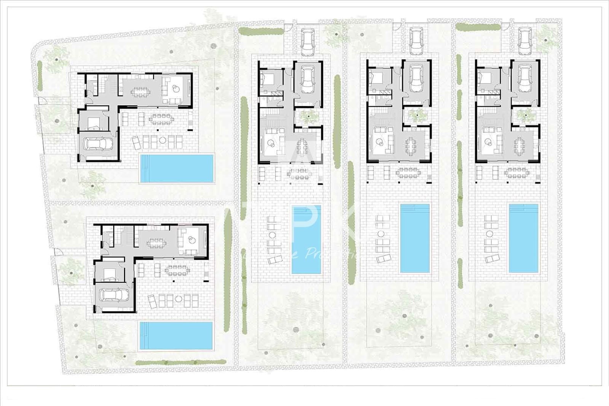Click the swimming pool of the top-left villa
tap(176, 168)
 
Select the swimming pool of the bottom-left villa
tap(175, 336)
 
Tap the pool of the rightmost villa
tap(524, 238)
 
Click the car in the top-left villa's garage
tap(97, 144)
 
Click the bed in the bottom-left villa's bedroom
tap(109, 272)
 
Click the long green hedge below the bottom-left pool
tap(180, 363)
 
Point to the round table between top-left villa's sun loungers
tap(163, 140)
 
